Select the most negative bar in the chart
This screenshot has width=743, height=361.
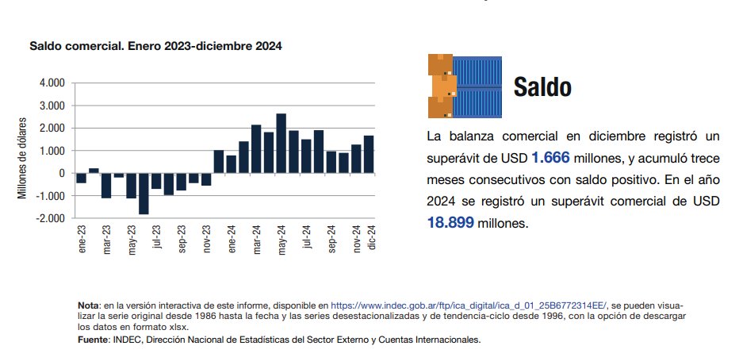coord(144,193)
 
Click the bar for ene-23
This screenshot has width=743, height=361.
coord(81,178)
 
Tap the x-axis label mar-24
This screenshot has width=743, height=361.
coord(256,239)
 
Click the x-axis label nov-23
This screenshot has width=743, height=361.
coord(206,239)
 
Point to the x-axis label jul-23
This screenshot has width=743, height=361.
coord(156,237)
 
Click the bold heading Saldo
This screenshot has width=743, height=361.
coord(542,87)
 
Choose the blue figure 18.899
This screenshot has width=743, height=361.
coord(450,223)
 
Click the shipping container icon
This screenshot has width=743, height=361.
coord(464,86)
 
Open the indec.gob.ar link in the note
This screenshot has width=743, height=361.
coord(468,305)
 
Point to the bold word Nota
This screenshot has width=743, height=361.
coord(88,305)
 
